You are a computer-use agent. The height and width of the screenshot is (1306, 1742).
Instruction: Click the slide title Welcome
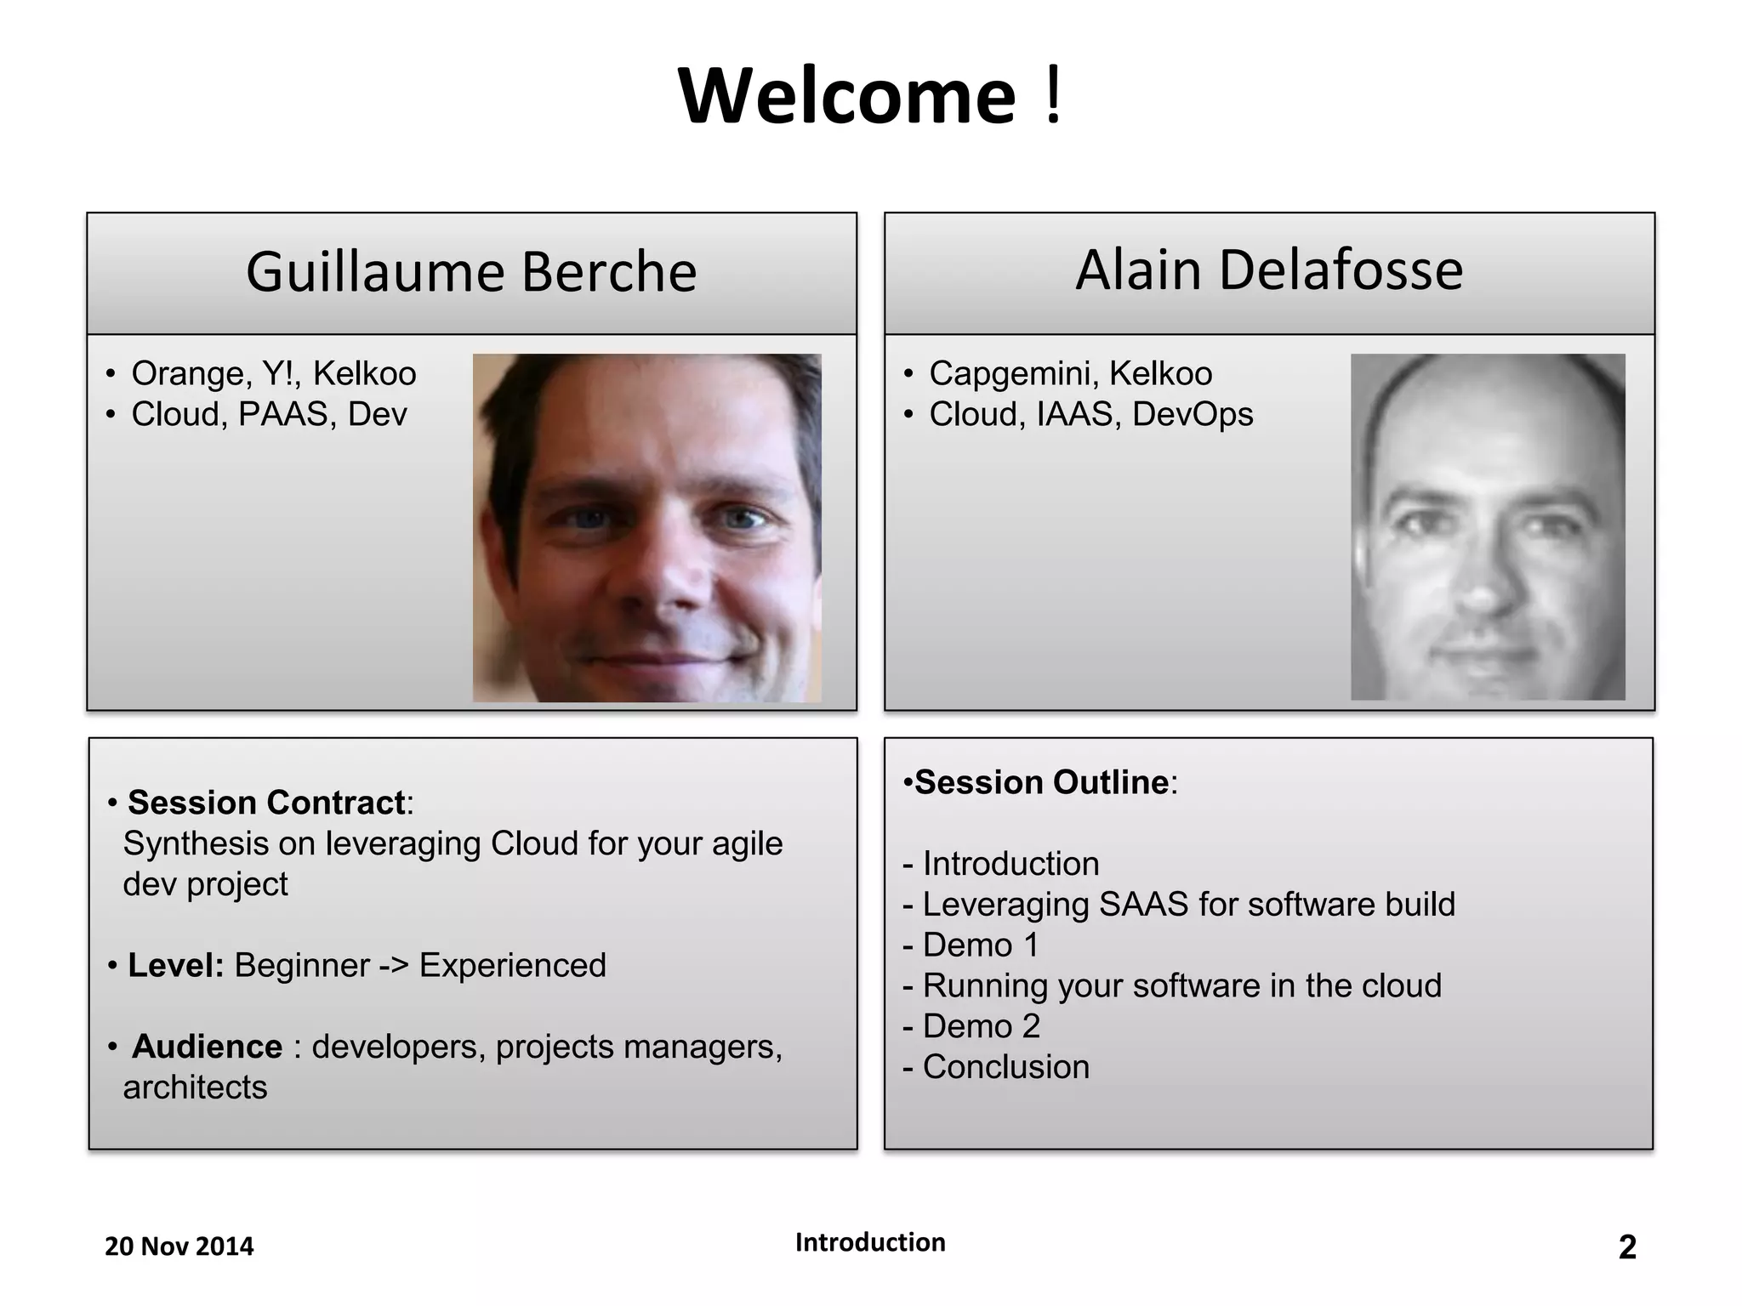847,96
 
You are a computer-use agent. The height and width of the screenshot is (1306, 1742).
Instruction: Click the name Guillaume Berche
471,272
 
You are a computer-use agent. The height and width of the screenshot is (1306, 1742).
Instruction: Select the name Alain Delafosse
1269,270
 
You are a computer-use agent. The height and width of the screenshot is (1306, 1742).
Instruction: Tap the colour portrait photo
646,528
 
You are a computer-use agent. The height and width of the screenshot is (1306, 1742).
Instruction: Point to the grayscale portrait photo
1488,527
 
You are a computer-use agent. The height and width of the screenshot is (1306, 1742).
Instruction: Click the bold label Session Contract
265,803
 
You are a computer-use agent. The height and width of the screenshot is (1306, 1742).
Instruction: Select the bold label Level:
175,966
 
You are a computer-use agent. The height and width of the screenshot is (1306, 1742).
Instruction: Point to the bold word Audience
207,1047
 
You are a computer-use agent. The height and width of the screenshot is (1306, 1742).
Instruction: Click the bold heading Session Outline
1041,782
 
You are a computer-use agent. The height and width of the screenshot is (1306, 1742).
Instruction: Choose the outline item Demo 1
981,945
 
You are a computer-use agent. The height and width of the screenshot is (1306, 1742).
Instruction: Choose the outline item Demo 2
981,1026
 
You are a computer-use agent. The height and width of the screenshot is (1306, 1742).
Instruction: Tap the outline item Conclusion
1005,1067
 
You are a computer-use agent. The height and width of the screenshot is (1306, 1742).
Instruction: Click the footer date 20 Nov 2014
179,1246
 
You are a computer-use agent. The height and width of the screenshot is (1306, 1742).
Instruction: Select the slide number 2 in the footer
1626,1247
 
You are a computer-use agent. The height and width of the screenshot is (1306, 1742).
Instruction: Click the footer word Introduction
870,1242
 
